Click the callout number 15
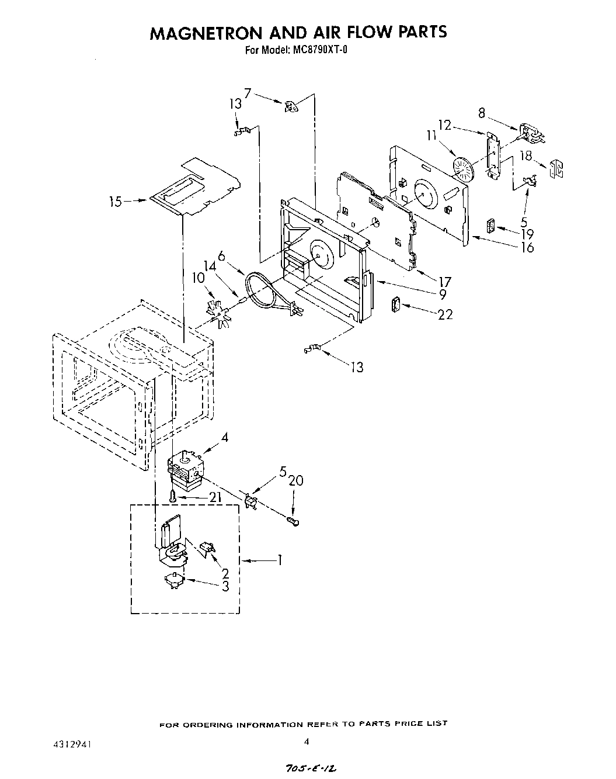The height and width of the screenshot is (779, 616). (x=116, y=202)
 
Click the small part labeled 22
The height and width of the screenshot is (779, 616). (x=395, y=305)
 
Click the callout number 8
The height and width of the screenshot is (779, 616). (x=482, y=113)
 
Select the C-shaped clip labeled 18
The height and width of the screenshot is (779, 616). (x=556, y=169)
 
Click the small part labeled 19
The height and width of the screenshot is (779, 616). (x=491, y=225)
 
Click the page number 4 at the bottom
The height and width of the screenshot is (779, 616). (x=306, y=742)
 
